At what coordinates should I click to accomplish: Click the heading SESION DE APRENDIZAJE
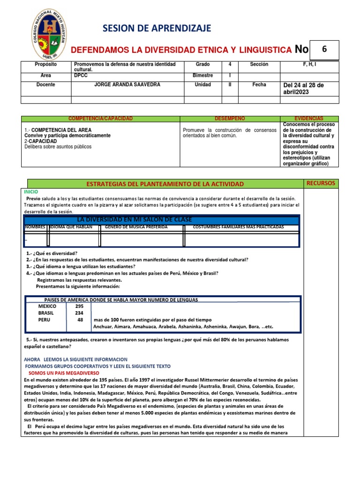(157, 28)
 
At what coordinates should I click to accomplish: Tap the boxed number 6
(323, 49)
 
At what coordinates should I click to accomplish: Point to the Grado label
(203, 64)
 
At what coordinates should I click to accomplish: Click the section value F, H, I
(309, 64)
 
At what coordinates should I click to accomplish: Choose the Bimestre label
(202, 75)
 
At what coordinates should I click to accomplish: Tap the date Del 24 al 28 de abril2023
(304, 88)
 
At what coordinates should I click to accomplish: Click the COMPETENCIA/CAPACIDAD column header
(100, 119)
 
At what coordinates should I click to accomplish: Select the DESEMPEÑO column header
(230, 119)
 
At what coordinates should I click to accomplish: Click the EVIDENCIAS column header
(309, 119)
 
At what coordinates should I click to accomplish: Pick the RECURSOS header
(321, 183)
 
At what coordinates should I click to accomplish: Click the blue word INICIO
(32, 192)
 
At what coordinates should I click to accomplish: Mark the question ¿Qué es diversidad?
(55, 253)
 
